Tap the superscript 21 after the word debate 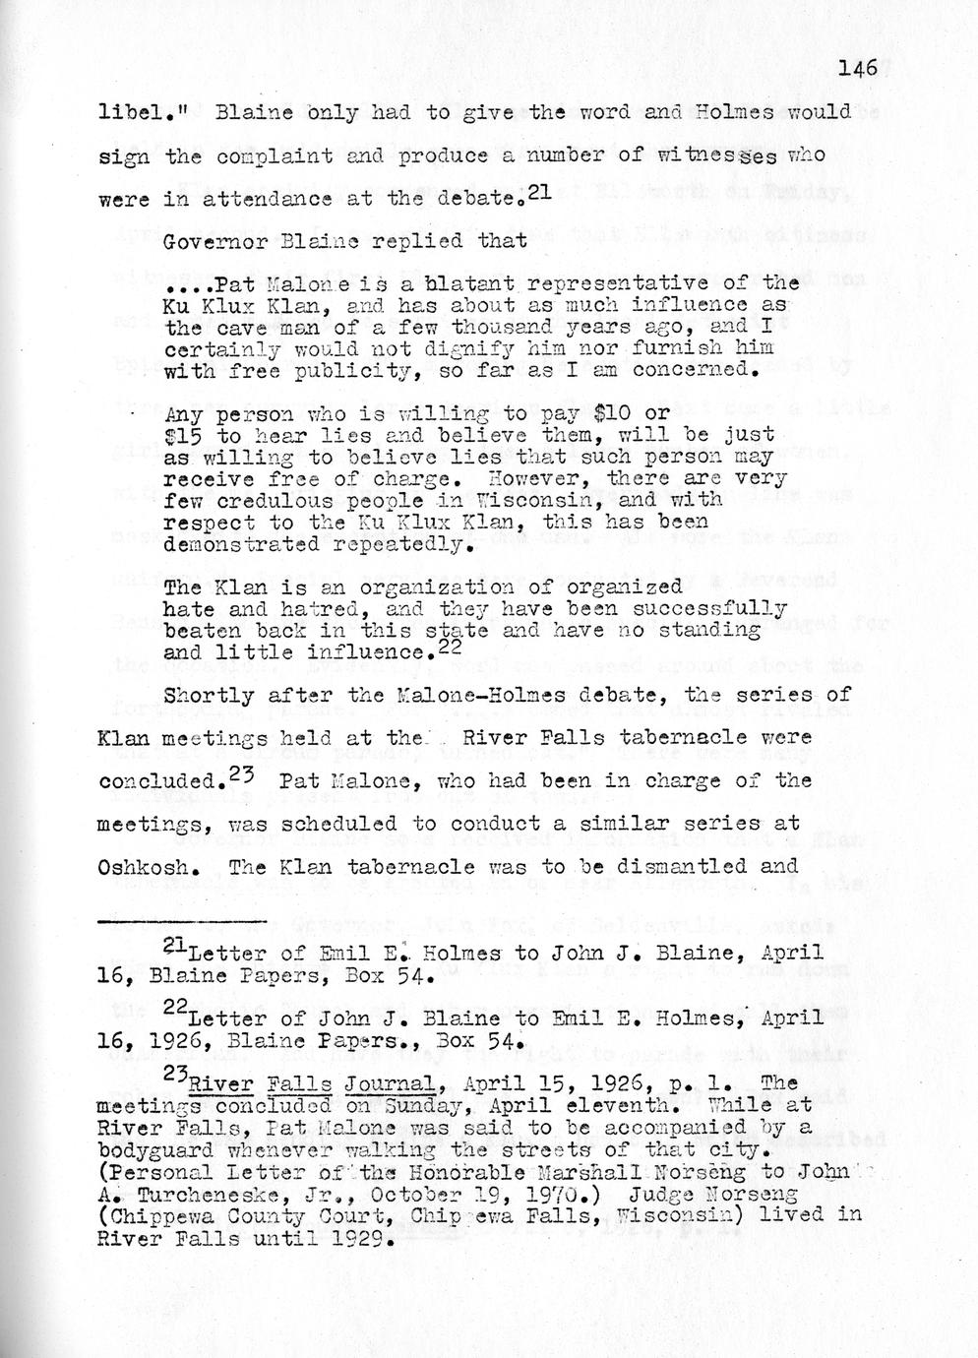click(537, 193)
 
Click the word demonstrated click(229, 543)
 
